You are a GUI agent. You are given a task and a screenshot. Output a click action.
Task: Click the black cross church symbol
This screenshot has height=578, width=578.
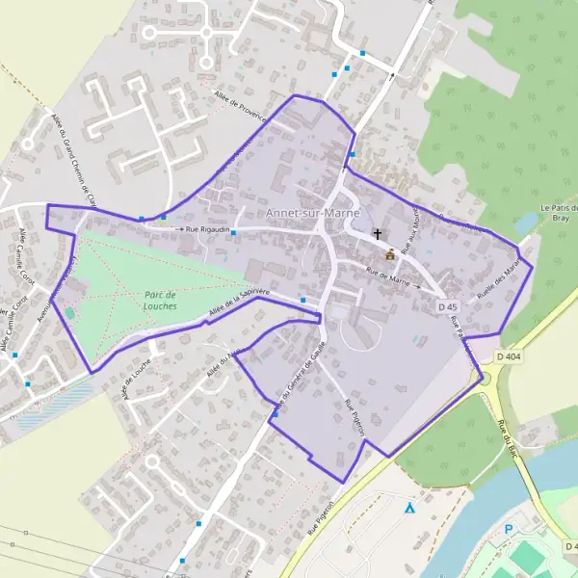pyautogui.click(x=379, y=234)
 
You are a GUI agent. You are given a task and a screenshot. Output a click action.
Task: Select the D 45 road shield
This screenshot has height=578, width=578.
pyautogui.click(x=446, y=307)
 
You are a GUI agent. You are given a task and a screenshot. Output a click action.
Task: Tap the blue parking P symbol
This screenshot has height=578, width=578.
pyautogui.click(x=510, y=530)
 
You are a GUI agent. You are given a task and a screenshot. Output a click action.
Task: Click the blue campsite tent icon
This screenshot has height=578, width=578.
pyautogui.click(x=409, y=508)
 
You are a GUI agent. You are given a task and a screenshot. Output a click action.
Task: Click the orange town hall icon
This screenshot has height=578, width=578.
pyautogui.click(x=390, y=254)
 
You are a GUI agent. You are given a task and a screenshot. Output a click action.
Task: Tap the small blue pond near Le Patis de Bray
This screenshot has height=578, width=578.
pyautogui.click(x=526, y=223)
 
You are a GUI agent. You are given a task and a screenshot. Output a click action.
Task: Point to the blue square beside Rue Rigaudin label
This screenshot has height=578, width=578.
pyautogui.click(x=233, y=232)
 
